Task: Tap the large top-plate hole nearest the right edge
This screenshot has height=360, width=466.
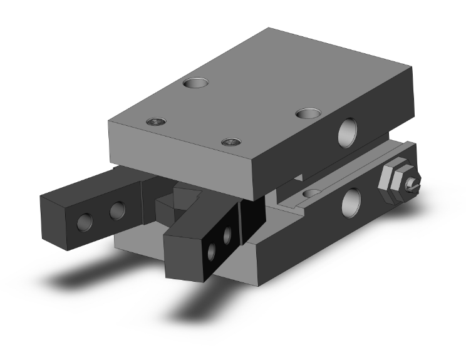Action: [308, 113]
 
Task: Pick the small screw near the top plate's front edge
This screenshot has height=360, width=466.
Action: [232, 141]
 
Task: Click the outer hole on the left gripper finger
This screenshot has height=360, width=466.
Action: [85, 220]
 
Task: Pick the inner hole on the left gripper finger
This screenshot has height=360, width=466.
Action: [116, 211]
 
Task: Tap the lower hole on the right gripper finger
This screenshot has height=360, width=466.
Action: [211, 252]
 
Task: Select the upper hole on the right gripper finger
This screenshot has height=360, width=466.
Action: [227, 234]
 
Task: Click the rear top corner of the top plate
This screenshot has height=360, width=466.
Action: [270, 29]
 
